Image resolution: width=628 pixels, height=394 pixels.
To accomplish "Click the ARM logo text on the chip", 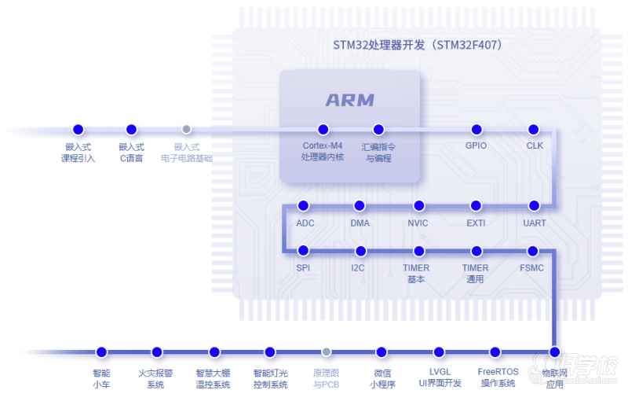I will click(x=350, y=101).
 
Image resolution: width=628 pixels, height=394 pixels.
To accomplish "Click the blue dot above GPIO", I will click(x=476, y=129).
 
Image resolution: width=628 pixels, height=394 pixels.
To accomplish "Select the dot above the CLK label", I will click(x=534, y=129).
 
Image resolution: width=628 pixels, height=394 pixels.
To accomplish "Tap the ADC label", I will click(x=305, y=223).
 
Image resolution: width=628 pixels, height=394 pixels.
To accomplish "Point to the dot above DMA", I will click(x=360, y=205).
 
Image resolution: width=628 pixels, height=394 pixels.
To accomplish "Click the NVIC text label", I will click(x=418, y=223).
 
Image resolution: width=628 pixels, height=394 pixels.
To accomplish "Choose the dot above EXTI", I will click(x=476, y=205).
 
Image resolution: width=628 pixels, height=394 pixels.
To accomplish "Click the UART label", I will click(x=535, y=223).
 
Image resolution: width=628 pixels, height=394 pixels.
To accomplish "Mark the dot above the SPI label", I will click(x=304, y=251).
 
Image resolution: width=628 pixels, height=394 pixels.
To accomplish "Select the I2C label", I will click(x=358, y=268).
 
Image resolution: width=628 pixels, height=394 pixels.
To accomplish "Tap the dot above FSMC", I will click(x=533, y=251).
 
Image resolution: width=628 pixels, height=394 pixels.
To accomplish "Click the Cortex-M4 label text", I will click(x=323, y=145).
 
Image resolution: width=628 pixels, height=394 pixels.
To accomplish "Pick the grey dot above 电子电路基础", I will click(x=187, y=129).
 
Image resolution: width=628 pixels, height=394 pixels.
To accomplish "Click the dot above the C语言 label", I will click(x=131, y=129).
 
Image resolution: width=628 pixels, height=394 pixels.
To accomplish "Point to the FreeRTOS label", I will click(x=498, y=371).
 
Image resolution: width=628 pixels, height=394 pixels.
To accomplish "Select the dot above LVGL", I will click(x=439, y=352).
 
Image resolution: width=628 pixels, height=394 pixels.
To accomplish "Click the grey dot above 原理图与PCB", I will click(x=327, y=352).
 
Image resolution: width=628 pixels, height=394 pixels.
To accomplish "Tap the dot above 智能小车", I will click(x=100, y=352).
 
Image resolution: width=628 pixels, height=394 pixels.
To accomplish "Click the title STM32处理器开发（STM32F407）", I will click(x=417, y=45).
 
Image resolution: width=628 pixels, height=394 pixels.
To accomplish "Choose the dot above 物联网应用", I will click(x=554, y=352).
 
